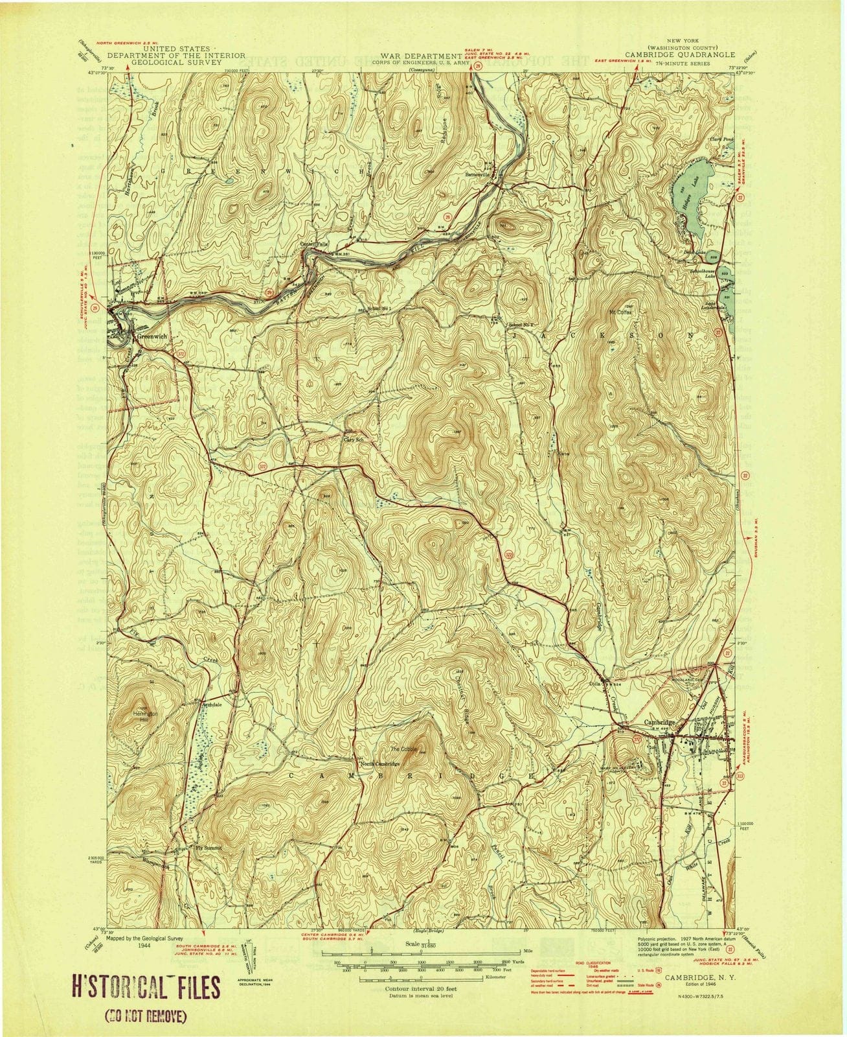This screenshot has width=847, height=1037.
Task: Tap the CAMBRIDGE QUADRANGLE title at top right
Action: tap(680, 55)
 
